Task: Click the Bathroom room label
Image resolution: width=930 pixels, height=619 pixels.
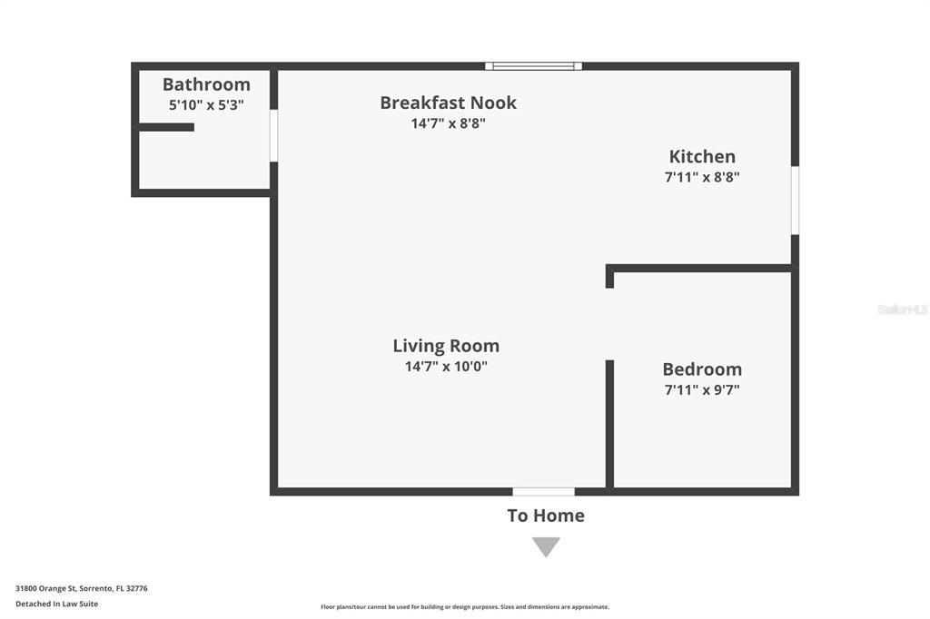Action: click(x=206, y=84)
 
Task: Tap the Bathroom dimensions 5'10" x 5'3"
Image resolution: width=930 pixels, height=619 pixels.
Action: click(x=206, y=104)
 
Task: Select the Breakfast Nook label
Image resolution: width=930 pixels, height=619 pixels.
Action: click(x=448, y=103)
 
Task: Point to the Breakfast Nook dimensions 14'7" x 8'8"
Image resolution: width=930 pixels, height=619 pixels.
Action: click(x=448, y=123)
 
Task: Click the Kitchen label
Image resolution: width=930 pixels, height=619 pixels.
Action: click(x=702, y=156)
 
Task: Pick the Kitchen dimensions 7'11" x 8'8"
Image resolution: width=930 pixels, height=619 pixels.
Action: click(x=702, y=177)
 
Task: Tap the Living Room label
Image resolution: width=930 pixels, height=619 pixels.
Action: click(x=446, y=346)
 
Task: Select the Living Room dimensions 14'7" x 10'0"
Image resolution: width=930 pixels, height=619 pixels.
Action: click(x=446, y=367)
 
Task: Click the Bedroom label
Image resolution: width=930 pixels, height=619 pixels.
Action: click(x=702, y=369)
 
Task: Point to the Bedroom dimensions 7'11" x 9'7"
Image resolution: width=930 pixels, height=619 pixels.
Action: click(x=702, y=390)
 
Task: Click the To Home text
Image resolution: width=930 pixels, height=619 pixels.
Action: click(x=546, y=516)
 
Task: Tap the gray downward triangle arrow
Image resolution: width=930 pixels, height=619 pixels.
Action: click(x=546, y=545)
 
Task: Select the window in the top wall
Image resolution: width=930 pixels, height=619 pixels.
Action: click(x=533, y=66)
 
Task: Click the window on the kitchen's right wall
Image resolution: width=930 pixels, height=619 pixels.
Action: click(x=795, y=200)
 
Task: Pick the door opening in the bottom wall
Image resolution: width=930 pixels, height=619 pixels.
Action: click(x=543, y=492)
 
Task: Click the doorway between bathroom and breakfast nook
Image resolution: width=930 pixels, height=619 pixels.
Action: click(x=273, y=136)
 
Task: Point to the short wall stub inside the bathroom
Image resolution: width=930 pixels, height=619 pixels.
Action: click(x=166, y=127)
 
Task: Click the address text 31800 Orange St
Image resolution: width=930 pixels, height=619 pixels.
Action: click(x=81, y=588)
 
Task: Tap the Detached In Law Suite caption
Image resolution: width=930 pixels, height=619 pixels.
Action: click(x=56, y=604)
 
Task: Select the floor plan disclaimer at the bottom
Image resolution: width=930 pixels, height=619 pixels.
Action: click(x=465, y=607)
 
